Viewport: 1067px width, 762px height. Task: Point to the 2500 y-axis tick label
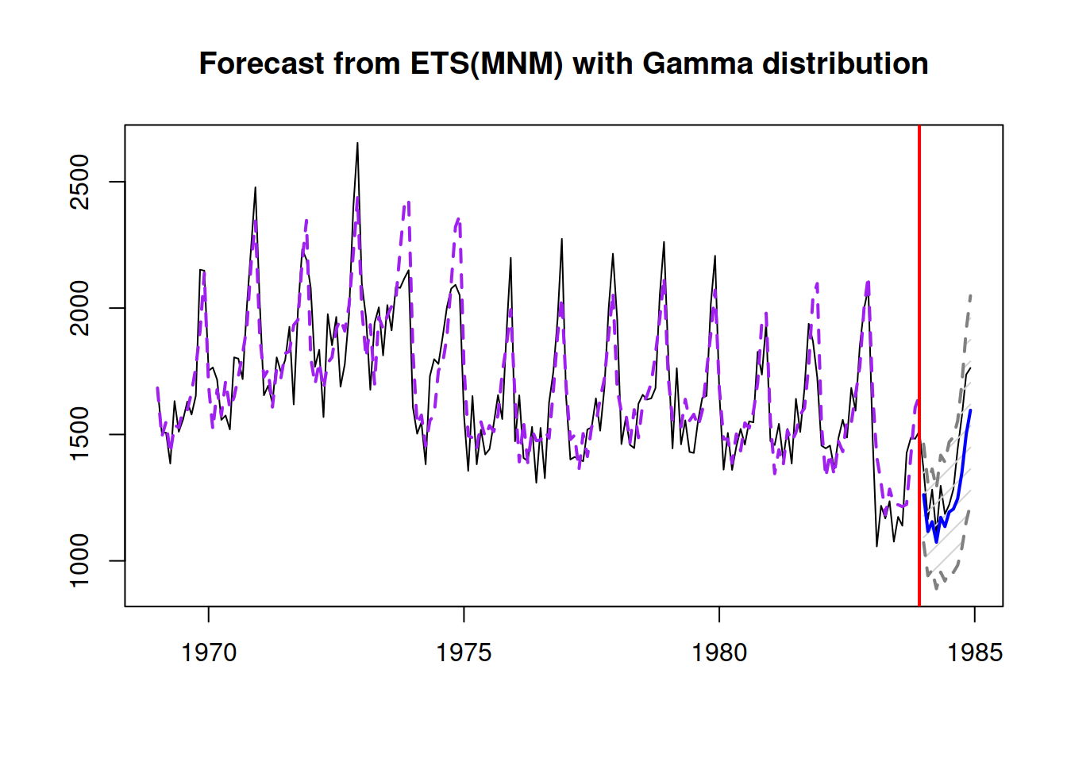pos(80,182)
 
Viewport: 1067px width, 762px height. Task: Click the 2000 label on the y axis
pos(80,308)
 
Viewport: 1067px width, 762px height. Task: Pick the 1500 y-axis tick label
pos(80,434)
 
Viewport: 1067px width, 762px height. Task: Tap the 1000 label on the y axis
pos(80,560)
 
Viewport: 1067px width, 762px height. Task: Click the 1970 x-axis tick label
pos(209,652)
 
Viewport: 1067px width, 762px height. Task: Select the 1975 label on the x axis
pos(464,652)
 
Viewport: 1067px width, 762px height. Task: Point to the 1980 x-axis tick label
pos(719,652)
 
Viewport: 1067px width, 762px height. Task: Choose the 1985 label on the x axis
pos(974,652)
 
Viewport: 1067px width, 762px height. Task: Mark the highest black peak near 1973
pos(357,144)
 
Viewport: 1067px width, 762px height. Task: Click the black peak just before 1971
pos(255,188)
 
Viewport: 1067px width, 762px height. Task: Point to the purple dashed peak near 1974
pos(408,203)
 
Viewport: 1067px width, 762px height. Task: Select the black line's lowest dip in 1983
pos(876,545)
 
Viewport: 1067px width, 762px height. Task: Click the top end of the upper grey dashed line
pos(970,295)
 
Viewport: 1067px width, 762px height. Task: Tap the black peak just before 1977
pos(561,239)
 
